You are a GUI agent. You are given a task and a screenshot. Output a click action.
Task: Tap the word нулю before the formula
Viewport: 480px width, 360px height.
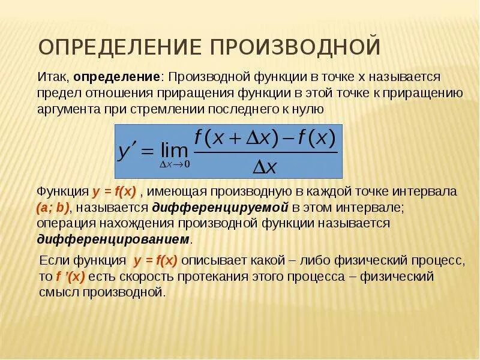[310, 109]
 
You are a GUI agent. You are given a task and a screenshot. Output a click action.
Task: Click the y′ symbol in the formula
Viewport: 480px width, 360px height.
[128, 150]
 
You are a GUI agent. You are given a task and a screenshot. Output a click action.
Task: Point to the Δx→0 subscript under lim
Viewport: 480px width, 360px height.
[174, 164]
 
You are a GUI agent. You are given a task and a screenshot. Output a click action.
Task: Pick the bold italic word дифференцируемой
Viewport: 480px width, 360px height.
[221, 208]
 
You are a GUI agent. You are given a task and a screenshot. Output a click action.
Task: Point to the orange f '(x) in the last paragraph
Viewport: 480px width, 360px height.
[70, 277]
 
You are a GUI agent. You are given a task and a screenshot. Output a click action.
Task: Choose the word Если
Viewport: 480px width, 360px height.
[53, 262]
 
